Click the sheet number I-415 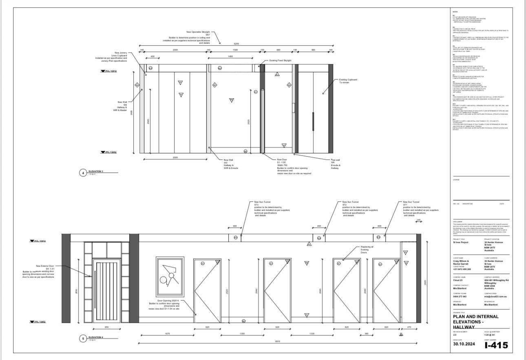pos(496,345)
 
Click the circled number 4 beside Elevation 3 pos(83,173)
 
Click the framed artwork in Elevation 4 pos(169,277)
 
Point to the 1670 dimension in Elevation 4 pos(167,333)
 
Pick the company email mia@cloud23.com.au pos(497,296)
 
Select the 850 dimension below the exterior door pos(106,327)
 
